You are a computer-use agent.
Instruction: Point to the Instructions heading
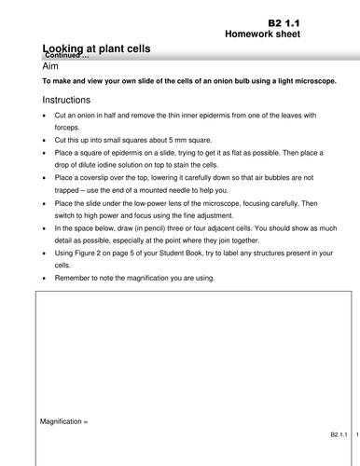coord(72,99)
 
